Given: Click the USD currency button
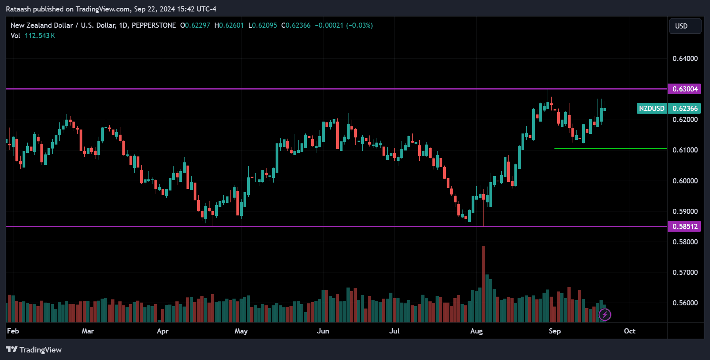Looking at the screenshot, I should (685, 26).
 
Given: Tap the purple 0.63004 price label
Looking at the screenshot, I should (684, 89).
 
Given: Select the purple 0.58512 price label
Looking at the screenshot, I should (684, 227).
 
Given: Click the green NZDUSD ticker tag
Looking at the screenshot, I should (652, 109).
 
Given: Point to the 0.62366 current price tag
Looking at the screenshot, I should (685, 109).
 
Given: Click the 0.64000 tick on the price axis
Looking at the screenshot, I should (685, 59).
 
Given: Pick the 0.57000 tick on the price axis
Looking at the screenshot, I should (685, 272).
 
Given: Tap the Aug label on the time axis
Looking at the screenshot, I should (476, 331).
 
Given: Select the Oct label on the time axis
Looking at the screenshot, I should (629, 331).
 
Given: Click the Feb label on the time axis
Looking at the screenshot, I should (13, 331).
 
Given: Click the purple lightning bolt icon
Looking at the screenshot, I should (605, 315).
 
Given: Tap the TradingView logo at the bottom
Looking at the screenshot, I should (34, 350).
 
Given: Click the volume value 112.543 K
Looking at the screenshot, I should (40, 36).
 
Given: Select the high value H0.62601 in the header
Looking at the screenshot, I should (229, 25).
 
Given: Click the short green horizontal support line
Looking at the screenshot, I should (610, 149).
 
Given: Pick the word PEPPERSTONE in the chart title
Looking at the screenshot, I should (154, 25).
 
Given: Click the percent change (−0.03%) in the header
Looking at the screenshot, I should (359, 25).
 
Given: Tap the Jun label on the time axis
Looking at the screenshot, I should (323, 331).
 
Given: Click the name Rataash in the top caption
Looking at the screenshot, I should (18, 9).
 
